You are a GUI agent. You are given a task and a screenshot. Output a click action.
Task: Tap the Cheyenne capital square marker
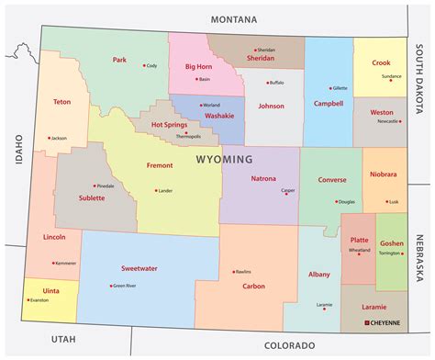(x=368, y=323)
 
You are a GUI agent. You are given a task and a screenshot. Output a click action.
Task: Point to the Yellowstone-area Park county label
(x=119, y=60)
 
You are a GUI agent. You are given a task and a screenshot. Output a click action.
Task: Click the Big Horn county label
(x=199, y=66)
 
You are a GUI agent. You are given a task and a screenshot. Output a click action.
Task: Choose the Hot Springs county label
(x=169, y=124)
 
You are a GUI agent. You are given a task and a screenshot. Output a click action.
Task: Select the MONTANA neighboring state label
(x=233, y=18)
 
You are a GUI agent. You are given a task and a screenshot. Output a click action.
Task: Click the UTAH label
(x=61, y=339)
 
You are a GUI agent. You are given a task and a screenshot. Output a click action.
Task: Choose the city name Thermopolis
(x=187, y=136)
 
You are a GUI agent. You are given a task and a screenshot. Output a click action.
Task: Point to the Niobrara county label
(x=384, y=174)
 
